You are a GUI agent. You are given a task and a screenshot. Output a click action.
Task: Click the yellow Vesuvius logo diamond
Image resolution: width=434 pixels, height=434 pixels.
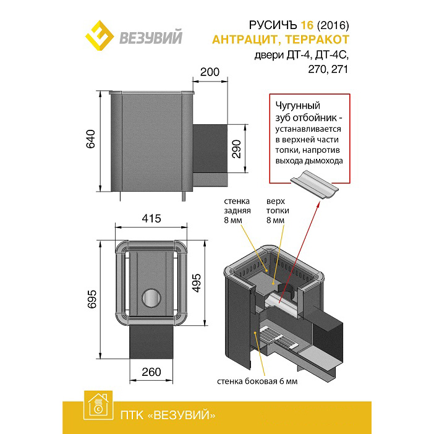[100, 35]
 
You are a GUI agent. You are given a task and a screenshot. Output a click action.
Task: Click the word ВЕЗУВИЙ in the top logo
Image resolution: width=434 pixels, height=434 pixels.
[151, 37]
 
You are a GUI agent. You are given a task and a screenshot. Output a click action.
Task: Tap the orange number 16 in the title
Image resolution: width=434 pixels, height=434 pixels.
[307, 25]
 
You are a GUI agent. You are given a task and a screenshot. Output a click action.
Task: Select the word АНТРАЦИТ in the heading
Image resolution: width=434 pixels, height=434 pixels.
[245, 40]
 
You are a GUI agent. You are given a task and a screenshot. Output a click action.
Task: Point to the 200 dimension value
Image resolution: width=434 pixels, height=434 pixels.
[210, 72]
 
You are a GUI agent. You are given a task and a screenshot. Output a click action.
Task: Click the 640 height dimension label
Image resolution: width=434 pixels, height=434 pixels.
[90, 139]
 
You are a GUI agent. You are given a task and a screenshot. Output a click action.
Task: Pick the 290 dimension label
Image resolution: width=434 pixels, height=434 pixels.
[236, 149]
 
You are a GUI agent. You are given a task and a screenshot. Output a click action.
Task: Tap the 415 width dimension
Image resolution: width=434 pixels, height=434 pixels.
[151, 219]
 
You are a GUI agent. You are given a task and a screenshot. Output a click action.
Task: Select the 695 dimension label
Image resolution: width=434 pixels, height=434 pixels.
[91, 299]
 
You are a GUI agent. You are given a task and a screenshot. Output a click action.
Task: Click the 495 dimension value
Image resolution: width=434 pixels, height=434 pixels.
[196, 283]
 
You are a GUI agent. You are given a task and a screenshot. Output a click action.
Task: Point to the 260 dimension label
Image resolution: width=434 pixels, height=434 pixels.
[151, 372]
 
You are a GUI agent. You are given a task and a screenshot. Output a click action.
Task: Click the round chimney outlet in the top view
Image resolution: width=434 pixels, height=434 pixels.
[151, 298]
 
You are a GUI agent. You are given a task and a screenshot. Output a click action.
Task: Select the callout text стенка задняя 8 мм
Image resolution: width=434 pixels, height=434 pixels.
[237, 211]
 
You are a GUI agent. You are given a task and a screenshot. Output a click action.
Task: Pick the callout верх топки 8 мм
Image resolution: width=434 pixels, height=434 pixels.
[278, 211]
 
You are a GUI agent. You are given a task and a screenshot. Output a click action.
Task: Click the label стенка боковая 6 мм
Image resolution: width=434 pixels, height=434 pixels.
[257, 381]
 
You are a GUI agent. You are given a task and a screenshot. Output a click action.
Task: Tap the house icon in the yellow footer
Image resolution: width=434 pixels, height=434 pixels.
[98, 405]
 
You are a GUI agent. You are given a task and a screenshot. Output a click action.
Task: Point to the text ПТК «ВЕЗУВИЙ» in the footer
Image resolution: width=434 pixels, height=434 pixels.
[168, 415]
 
